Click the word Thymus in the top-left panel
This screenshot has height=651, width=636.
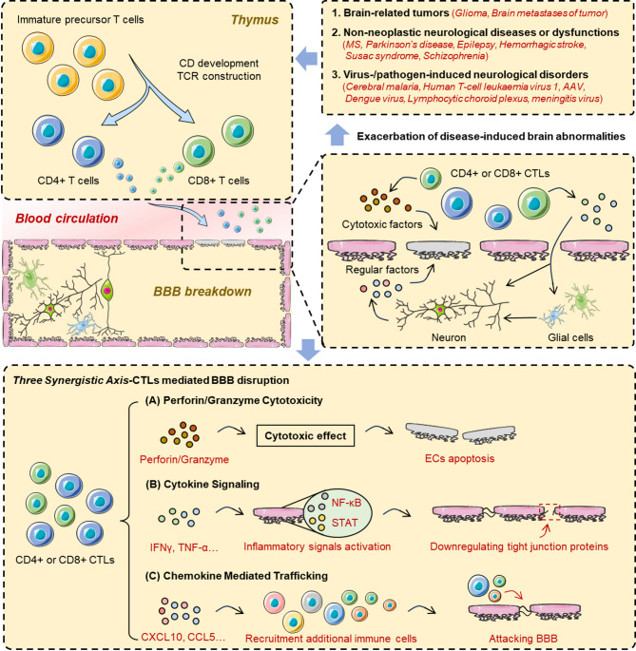point(255,20)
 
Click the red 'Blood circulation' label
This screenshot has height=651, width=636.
point(67,219)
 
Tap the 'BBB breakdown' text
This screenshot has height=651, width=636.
point(202,292)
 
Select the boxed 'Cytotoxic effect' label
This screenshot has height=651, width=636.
point(305,436)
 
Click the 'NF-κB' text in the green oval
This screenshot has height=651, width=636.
point(346,503)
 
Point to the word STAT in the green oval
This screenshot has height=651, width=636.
point(344,523)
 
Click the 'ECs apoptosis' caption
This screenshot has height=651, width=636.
point(459,459)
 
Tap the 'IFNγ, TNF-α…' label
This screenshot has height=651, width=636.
point(184,547)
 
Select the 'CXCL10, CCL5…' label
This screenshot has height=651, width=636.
point(183,637)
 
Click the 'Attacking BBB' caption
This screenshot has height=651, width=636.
point(523,638)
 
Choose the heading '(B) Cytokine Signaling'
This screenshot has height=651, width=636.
point(202,484)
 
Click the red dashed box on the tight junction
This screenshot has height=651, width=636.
point(549,512)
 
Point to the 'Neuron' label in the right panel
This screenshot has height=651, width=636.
point(449,337)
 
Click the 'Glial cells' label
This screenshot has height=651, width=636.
point(570,337)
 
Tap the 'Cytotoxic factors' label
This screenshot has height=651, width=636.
point(382,224)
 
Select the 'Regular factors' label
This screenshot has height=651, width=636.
point(382,270)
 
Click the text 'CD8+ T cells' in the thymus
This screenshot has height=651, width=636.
point(219,181)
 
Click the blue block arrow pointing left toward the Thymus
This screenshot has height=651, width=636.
point(307,59)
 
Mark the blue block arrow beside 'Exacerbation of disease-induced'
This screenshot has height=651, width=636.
point(337,135)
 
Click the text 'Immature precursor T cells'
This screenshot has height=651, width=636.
point(81,20)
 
